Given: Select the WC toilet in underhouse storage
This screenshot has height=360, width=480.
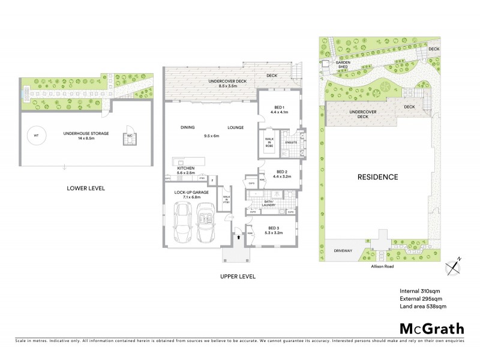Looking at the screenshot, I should pos(129,136).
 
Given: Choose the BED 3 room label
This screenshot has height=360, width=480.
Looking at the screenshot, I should pos(273,230).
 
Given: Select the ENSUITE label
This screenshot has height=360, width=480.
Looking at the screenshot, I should pos(292,142).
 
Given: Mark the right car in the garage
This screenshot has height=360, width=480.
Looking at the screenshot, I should pos(205,222).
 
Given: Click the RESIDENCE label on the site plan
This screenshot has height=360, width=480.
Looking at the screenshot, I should pos(378,177).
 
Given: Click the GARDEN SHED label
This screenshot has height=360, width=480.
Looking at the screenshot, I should pos(343,64).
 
